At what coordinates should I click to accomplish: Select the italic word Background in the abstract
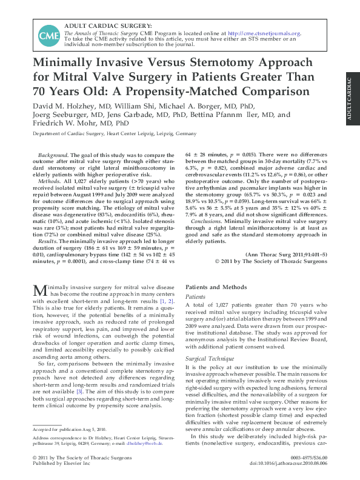point(52,156)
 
